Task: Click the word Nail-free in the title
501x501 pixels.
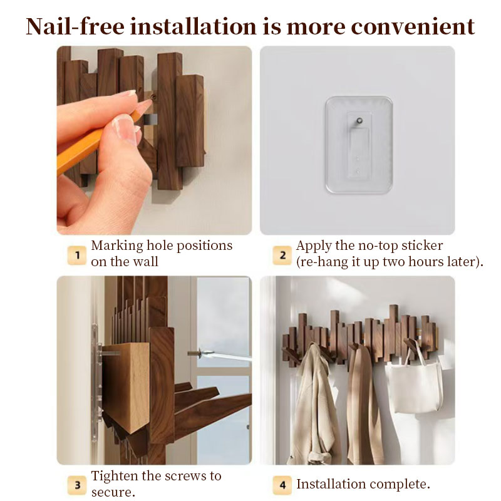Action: (x=75, y=26)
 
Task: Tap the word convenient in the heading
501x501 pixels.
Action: (x=413, y=26)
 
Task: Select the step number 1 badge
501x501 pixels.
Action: (x=76, y=256)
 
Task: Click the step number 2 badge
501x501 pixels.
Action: (x=282, y=256)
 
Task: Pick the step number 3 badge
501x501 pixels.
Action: (x=76, y=485)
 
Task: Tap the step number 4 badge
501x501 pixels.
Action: (x=282, y=485)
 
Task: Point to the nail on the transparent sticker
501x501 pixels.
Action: (x=359, y=121)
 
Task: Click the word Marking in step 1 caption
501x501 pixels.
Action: (x=117, y=246)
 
